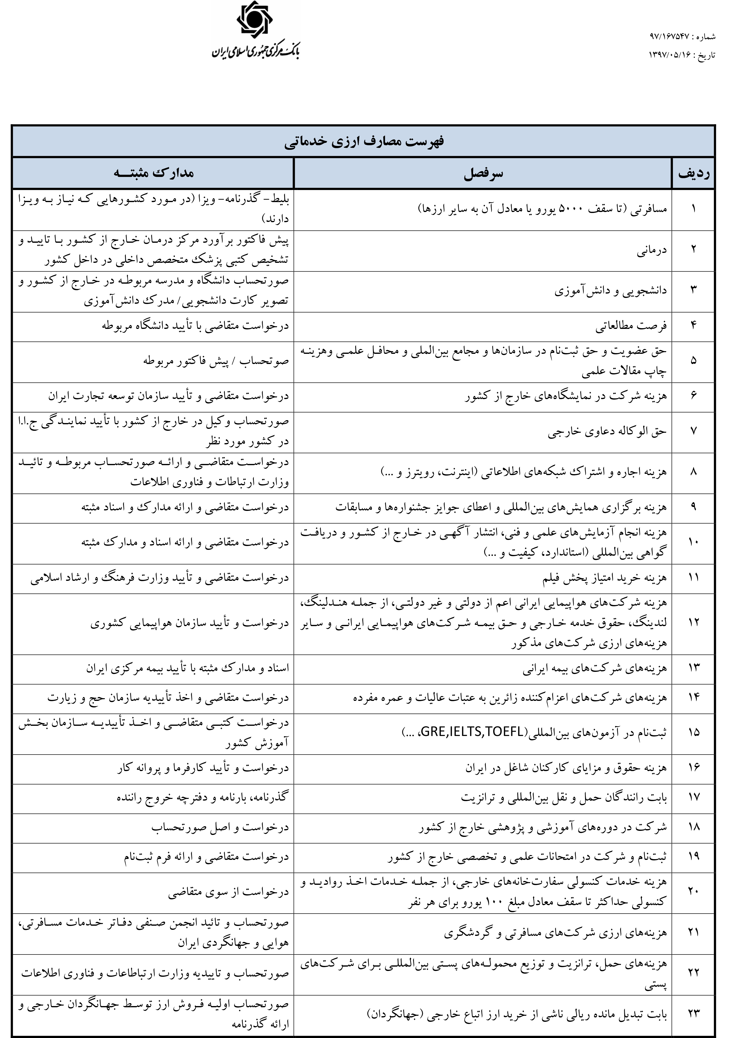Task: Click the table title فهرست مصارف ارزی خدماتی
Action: coord(364,142)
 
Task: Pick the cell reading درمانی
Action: coord(652,251)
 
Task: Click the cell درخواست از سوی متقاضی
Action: coord(228,892)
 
